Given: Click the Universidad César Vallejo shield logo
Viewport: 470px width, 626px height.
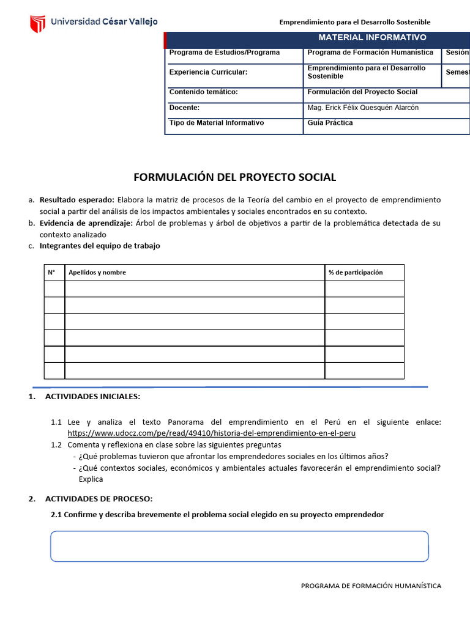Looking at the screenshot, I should click(38, 23).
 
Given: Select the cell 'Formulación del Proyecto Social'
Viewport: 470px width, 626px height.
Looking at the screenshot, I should click(362, 92).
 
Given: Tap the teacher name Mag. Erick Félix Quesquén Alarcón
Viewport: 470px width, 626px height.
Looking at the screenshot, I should click(363, 108).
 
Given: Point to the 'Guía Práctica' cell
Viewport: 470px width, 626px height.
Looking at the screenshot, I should click(330, 123).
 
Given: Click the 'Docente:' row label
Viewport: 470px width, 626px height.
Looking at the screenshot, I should click(184, 108).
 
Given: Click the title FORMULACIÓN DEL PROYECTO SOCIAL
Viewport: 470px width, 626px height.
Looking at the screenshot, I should click(235, 177).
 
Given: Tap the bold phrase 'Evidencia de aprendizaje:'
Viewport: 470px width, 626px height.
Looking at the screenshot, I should click(86, 223).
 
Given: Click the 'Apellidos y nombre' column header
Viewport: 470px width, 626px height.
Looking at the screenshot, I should click(97, 273).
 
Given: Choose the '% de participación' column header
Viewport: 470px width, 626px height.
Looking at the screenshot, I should click(356, 273).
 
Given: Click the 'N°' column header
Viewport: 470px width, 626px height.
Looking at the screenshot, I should click(51, 273).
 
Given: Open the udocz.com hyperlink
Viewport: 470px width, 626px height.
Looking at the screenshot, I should click(211, 433).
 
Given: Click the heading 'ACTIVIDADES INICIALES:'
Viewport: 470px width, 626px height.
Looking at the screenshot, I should click(92, 397).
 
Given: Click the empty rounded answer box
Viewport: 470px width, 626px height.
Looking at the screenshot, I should click(239, 546).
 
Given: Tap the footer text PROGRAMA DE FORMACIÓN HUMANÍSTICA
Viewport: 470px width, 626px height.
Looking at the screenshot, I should click(371, 586).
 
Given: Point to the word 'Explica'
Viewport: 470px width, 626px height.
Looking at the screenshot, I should click(91, 479).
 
